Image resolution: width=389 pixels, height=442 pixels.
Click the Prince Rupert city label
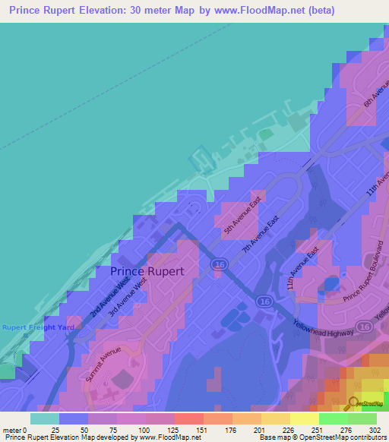(x=153, y=270)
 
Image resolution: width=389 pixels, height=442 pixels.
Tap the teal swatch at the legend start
(x=44, y=418)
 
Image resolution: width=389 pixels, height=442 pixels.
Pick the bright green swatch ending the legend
(x=362, y=418)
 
